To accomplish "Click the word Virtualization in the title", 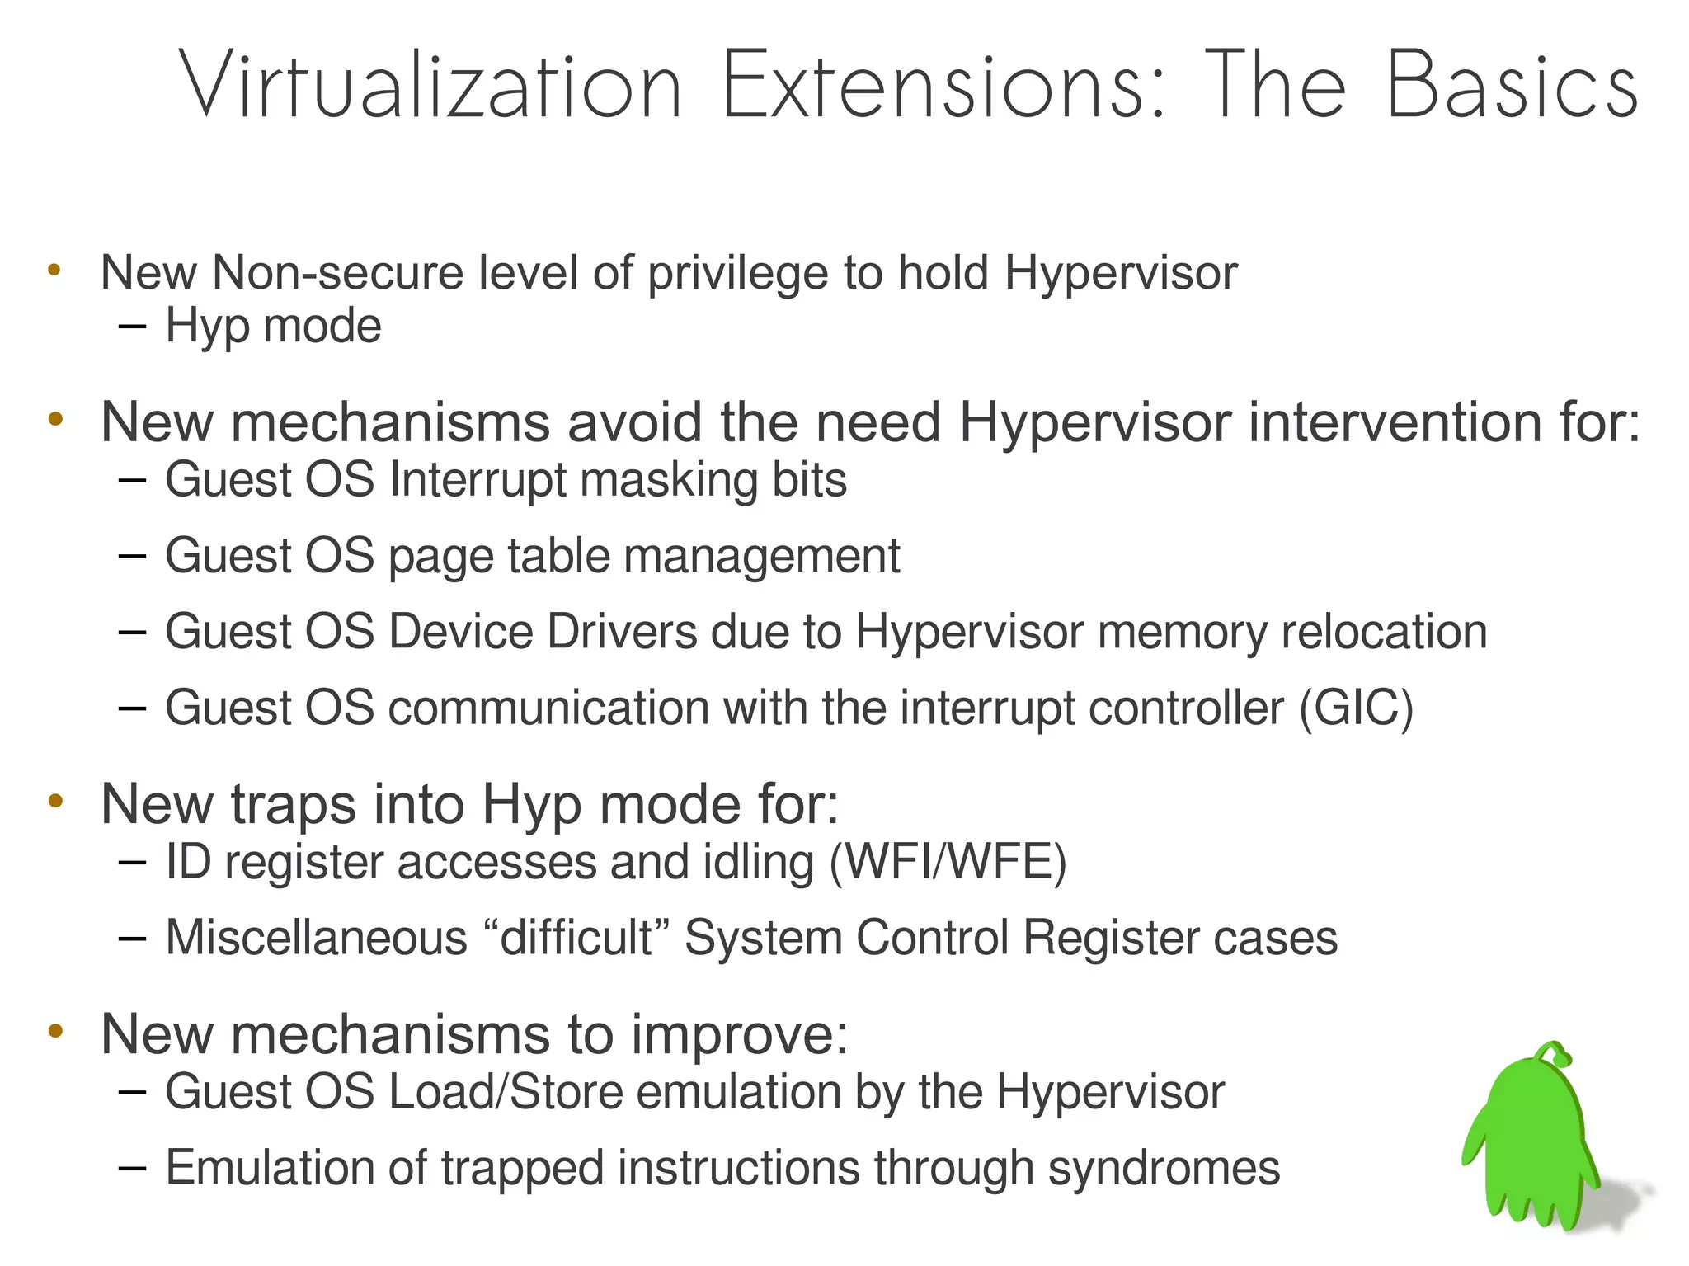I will coord(430,85).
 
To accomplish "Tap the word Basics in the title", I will coord(1512,85).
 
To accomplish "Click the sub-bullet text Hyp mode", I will coord(273,326).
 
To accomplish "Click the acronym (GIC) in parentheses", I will coord(1356,708).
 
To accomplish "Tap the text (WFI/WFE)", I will coord(948,862).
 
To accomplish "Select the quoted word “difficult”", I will coord(575,938).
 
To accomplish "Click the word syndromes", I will coord(1164,1168).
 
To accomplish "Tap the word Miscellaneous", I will coord(317,938).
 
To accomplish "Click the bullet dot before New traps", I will coord(55,800).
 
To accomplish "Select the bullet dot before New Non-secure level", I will coord(54,269).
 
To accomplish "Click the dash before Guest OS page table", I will coord(132,556).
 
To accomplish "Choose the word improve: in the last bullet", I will coord(739,1033).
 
